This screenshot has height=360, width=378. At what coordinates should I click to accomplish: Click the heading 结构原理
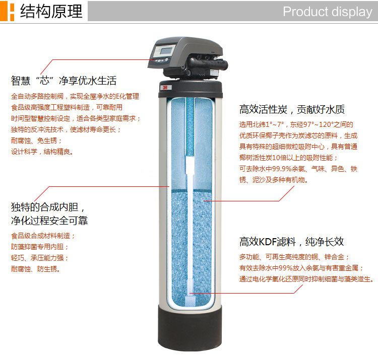click(x=51, y=11)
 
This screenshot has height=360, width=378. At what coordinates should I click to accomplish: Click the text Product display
click(x=328, y=12)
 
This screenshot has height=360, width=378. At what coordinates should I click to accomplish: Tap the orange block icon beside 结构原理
click(x=7, y=11)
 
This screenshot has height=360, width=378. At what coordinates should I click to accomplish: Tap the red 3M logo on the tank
click(x=165, y=88)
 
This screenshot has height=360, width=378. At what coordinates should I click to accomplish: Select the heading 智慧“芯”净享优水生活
click(x=64, y=81)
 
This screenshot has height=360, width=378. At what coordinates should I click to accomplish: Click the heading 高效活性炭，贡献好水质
click(x=292, y=109)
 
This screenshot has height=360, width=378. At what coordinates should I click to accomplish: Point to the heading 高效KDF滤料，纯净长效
click(x=291, y=242)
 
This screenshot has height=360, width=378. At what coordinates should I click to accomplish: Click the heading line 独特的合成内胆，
click(x=48, y=207)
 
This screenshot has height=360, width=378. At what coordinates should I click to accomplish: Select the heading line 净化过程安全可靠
click(x=49, y=221)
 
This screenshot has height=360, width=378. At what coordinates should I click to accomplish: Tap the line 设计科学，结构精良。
click(x=42, y=152)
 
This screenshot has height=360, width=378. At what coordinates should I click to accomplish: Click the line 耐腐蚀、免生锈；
click(x=36, y=140)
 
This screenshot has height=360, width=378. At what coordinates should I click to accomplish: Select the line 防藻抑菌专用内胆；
click(x=40, y=247)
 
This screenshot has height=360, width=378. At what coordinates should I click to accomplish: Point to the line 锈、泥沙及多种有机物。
click(x=274, y=180)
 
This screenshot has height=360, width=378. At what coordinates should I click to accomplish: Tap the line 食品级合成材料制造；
click(x=43, y=236)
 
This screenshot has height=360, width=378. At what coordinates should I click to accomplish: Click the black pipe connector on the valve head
click(x=208, y=64)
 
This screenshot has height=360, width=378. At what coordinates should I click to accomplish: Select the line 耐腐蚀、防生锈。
click(x=36, y=269)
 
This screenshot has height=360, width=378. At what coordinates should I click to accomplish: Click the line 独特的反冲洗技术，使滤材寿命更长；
click(x=66, y=129)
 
